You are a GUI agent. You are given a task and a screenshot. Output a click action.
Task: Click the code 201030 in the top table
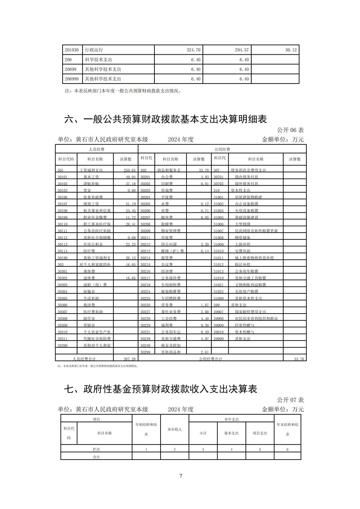coord(71,50)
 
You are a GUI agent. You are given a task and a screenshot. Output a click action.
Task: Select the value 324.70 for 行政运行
coord(193,50)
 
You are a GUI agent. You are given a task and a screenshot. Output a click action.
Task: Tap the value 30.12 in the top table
coord(291,50)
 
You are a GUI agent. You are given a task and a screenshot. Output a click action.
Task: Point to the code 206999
coord(71,79)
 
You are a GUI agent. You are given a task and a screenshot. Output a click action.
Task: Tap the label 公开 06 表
coord(291,130)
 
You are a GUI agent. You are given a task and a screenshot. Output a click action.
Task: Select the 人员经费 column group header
coord(96,149)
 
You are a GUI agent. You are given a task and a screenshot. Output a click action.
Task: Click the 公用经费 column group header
coord(222,149)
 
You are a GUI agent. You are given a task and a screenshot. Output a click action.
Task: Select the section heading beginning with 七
coord(161,389)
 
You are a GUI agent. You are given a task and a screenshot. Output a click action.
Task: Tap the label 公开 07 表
coord(291,400)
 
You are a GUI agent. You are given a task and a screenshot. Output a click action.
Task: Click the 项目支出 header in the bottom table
coord(260,433)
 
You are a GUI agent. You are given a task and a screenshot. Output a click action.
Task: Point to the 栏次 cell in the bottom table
coord(96,450)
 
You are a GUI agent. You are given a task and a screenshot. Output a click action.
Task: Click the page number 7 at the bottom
coord(181,476)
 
